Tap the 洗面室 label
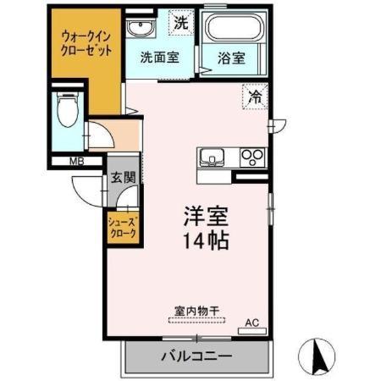tap(158, 58)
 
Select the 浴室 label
tap(231, 58)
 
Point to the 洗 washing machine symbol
tap(180, 24)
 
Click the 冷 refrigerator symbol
tap(254, 97)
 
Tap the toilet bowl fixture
tap(65, 108)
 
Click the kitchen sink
tap(212, 157)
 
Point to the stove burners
tap(252, 157)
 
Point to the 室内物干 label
tap(196, 312)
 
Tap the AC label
tap(251, 322)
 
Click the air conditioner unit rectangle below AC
tap(251, 331)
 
